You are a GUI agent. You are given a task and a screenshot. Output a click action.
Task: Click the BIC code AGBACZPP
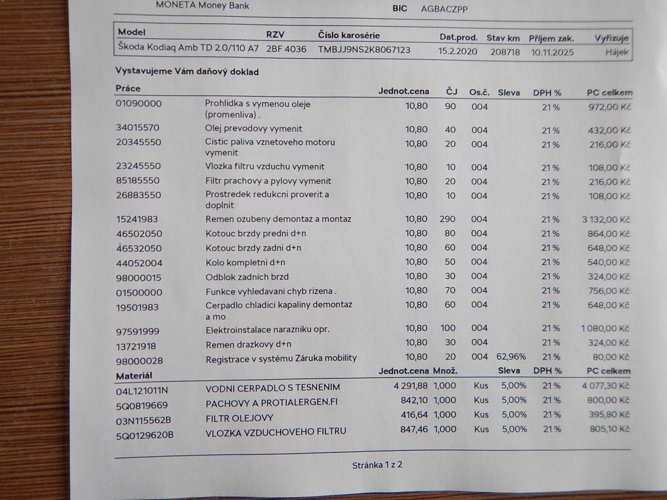444,9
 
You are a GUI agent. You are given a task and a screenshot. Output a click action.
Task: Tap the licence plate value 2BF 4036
286,49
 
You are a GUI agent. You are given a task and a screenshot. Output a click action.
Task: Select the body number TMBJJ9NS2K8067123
364,50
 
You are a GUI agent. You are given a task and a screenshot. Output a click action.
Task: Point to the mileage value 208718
505,52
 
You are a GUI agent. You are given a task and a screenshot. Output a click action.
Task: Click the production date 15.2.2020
458,51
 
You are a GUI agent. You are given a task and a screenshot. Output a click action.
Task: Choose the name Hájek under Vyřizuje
617,52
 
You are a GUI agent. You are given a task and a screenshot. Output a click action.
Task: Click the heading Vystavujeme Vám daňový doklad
187,72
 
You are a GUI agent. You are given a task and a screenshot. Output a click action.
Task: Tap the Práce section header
128,88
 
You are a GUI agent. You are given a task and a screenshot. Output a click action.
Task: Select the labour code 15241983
137,219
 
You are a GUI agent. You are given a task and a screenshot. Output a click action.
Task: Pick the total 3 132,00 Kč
606,219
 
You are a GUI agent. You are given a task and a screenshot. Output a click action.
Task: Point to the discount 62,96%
511,357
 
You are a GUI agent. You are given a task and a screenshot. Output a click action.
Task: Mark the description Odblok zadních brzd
247,277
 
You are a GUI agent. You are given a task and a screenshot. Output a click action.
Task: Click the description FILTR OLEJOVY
239,418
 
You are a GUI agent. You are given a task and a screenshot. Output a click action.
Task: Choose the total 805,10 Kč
609,429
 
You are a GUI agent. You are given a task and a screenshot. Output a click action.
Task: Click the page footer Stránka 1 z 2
377,465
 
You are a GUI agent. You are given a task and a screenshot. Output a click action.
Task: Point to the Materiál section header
134,376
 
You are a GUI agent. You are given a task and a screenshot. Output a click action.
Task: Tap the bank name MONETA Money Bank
203,6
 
